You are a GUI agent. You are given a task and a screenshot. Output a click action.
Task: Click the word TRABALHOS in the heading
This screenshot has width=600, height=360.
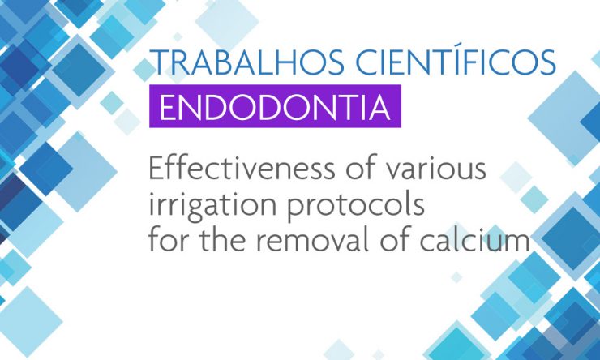tap(246, 62)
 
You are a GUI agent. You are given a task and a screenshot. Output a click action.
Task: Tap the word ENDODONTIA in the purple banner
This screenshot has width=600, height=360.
tap(275, 107)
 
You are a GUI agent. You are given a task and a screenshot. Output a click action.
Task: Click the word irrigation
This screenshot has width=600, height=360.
tap(212, 205)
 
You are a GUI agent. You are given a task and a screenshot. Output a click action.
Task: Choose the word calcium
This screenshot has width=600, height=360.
tap(474, 240)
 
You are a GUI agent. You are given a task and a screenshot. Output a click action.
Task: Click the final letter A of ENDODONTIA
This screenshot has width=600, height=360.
tap(379, 107)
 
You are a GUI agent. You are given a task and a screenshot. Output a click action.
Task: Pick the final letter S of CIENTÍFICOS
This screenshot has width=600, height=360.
tap(548, 62)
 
